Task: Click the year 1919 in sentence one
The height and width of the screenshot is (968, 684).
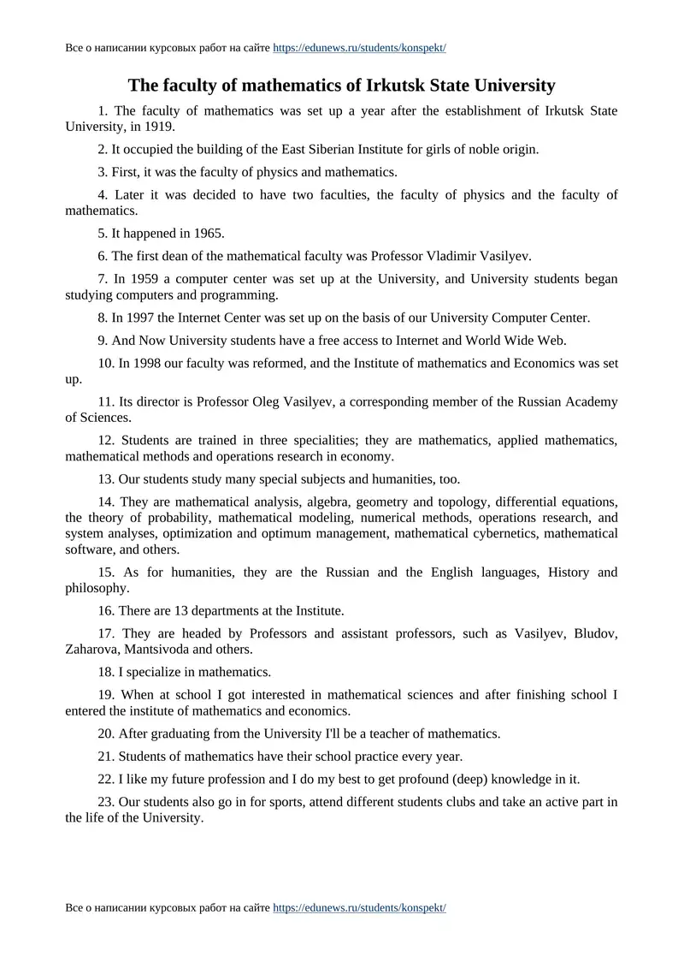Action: click(159, 127)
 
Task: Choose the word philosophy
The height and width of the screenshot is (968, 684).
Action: click(97, 588)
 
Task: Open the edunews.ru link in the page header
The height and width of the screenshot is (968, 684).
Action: click(359, 48)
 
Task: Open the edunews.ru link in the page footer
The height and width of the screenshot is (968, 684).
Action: click(359, 907)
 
